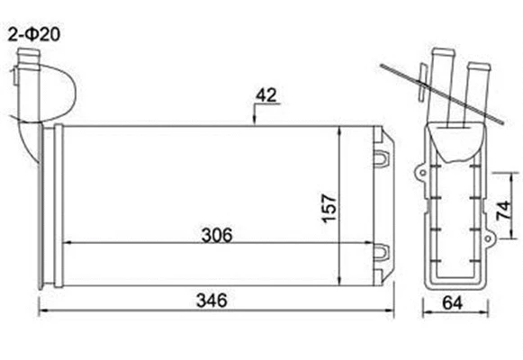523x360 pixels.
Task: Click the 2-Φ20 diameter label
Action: click(x=33, y=36)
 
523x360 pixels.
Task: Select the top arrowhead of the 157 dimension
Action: click(x=338, y=131)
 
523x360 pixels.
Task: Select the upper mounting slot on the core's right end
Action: click(x=382, y=157)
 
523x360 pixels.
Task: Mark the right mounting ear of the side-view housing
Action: click(x=491, y=238)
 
